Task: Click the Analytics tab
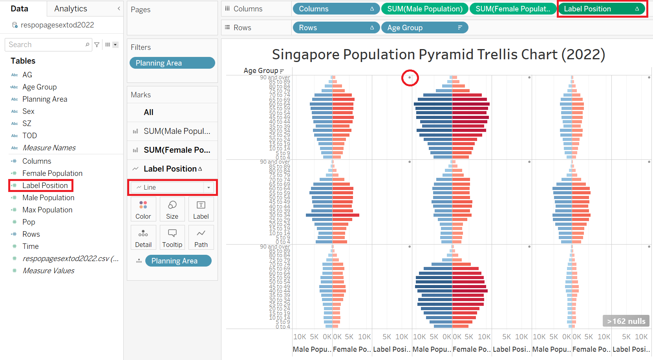[x=71, y=9]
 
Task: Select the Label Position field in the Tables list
[x=45, y=185]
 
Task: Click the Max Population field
[x=47, y=210]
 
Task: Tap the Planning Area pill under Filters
[x=172, y=63]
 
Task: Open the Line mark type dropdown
[x=172, y=187]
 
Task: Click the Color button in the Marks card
[x=143, y=209]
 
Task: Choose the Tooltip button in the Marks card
[x=172, y=238]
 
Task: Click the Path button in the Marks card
[x=201, y=238]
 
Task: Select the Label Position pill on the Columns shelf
[x=601, y=9]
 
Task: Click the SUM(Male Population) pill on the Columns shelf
[x=424, y=9]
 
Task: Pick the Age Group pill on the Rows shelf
[x=424, y=27]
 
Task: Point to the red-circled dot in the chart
[x=410, y=77]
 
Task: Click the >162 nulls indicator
[x=626, y=321]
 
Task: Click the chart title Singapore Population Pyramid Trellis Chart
[x=438, y=55]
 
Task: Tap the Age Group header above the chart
[x=261, y=71]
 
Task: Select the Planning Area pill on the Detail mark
[x=178, y=261]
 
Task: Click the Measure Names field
[x=49, y=148]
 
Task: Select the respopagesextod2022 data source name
[x=57, y=25]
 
